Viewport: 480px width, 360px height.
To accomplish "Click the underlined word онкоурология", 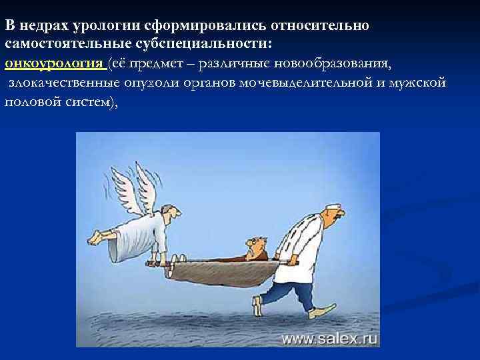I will [x=53, y=64].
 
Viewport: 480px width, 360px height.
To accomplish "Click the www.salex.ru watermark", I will [x=329, y=339].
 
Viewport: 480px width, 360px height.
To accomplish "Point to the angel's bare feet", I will [x=99, y=236].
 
